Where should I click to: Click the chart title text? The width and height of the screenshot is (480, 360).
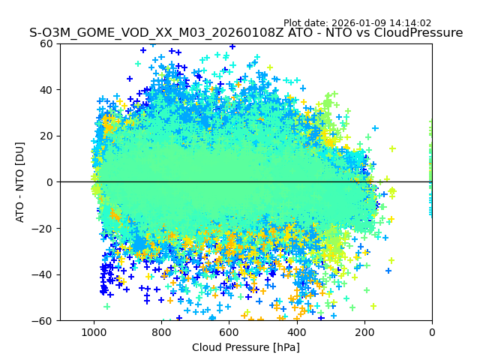point(246,33)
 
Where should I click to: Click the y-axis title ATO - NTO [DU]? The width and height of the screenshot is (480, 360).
point(20,181)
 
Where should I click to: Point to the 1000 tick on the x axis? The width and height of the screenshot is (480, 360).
point(94,331)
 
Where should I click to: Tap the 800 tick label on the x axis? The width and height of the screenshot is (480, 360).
point(161,331)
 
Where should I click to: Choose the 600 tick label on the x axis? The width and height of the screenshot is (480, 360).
point(229,331)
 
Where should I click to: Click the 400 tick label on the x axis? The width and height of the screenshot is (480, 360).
point(296,331)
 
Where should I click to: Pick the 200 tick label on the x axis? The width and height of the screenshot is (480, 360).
point(364,331)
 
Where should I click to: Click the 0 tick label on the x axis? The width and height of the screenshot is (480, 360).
point(432,331)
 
